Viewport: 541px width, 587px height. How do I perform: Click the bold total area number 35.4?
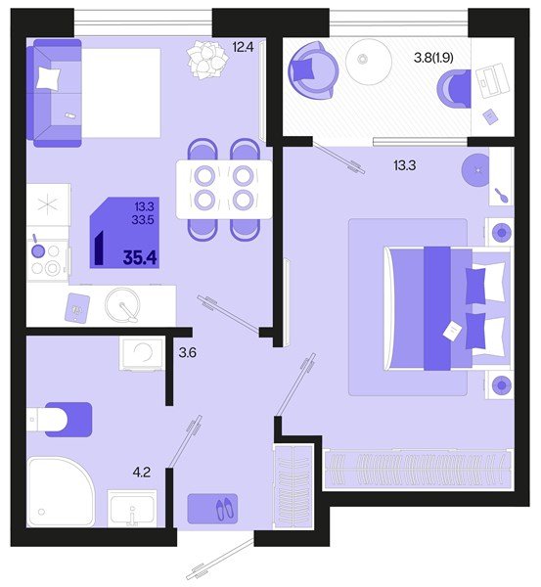click(136, 258)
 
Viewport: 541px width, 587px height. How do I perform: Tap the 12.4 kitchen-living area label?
click(244, 45)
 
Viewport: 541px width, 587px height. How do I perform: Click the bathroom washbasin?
click(132, 509)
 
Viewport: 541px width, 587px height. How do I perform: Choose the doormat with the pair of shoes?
click(214, 508)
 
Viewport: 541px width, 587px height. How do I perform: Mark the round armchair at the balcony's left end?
click(313, 67)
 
